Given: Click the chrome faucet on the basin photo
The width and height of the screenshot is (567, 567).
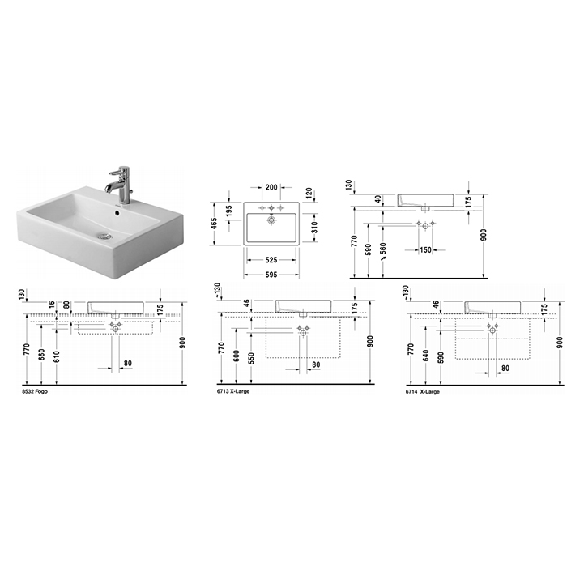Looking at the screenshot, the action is (122, 185).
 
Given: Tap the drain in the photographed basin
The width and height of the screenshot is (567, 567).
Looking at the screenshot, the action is (105, 237).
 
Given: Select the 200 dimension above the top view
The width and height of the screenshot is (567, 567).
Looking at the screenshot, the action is (271, 187).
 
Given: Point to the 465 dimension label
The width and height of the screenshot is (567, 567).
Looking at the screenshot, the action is (215, 224).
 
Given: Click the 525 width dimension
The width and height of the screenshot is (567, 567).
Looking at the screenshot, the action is (271, 260).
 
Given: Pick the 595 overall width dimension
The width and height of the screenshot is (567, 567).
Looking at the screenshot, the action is (271, 275).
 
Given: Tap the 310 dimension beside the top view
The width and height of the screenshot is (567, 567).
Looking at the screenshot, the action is (314, 227).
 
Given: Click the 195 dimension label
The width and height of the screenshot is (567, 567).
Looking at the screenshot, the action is (229, 212).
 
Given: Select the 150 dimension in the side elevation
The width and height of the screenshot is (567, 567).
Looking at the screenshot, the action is (426, 249).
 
